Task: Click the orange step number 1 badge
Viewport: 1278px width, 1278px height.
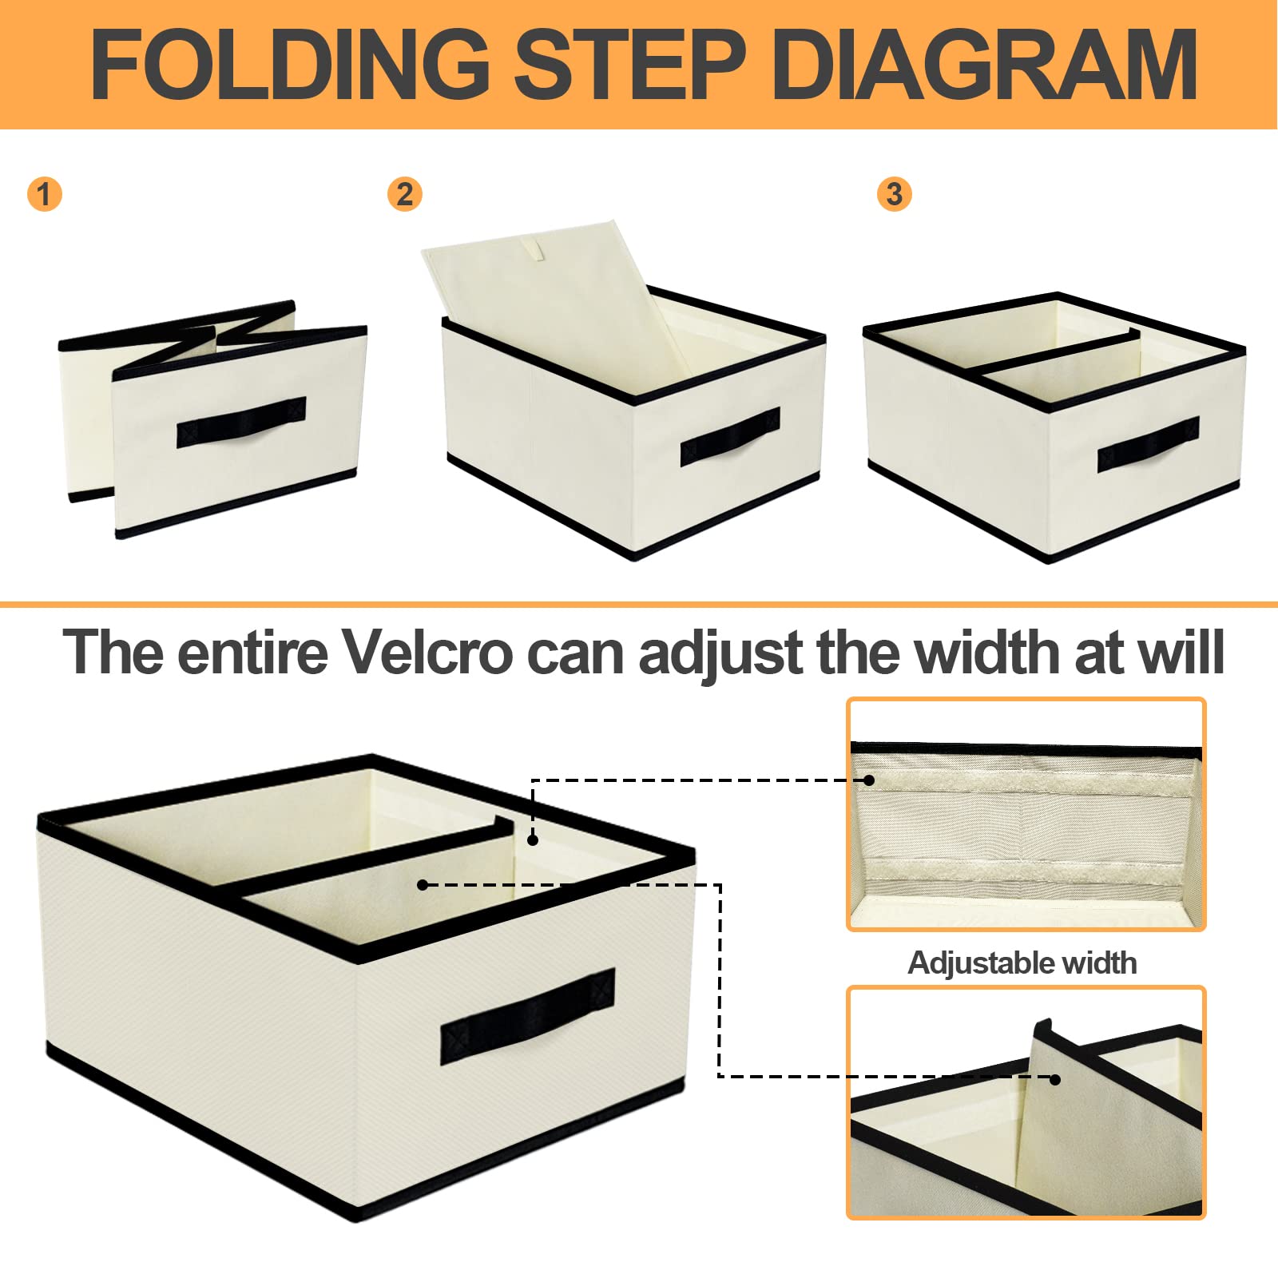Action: pyautogui.click(x=44, y=194)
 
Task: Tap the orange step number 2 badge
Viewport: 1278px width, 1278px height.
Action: pyautogui.click(x=404, y=194)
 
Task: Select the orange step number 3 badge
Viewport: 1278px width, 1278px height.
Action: pyautogui.click(x=895, y=194)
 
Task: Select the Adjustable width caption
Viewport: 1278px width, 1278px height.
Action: pyautogui.click(x=1022, y=962)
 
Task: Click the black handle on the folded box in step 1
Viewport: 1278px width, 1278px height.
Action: pyautogui.click(x=241, y=422)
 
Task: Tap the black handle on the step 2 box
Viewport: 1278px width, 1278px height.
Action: pyautogui.click(x=730, y=437)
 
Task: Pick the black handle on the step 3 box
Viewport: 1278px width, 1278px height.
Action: pyautogui.click(x=1148, y=444)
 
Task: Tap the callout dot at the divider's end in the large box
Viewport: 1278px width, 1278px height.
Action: pyautogui.click(x=533, y=839)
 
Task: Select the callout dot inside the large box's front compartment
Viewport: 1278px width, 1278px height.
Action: pyautogui.click(x=423, y=884)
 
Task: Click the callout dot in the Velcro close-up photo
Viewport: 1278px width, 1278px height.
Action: pyautogui.click(x=869, y=780)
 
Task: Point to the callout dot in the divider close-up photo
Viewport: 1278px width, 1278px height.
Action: pyautogui.click(x=1055, y=1079)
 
